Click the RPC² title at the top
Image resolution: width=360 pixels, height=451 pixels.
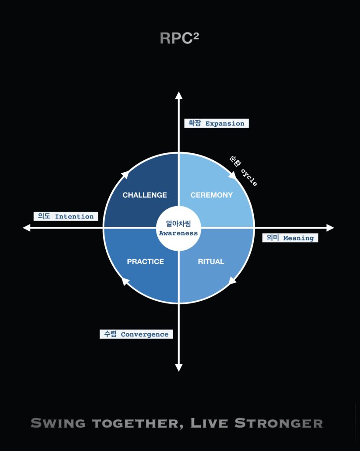(180, 38)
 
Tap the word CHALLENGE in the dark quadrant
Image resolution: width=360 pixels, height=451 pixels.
(145, 195)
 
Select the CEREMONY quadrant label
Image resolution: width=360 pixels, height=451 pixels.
(212, 195)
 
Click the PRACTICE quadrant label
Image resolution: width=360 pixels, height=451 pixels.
(145, 262)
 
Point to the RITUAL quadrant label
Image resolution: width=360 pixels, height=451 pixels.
(211, 262)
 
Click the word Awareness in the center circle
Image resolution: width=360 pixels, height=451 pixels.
(178, 233)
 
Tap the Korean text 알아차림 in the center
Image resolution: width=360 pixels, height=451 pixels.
(178, 223)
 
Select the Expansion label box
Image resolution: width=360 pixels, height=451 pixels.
(216, 123)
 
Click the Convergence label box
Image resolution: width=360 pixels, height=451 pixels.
(136, 334)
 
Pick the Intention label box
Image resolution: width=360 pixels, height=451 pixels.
(66, 216)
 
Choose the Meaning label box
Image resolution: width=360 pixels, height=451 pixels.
(290, 238)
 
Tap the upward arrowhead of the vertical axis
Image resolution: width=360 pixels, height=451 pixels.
(178, 96)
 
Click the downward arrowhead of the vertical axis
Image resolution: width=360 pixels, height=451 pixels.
(178, 368)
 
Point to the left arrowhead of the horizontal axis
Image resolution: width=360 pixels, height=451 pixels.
(27, 228)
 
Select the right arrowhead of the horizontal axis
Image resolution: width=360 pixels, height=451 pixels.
(330, 228)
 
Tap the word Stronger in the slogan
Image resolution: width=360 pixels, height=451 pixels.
(278, 423)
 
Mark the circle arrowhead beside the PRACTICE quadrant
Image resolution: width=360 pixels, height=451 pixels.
(125, 281)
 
